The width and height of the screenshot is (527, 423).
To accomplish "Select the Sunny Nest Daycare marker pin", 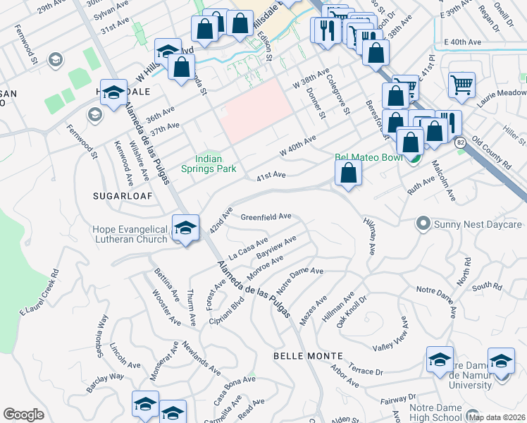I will point(423,224).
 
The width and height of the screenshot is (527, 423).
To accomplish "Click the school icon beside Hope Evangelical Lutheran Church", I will point(185,228).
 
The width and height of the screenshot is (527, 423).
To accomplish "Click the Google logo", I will point(23,415).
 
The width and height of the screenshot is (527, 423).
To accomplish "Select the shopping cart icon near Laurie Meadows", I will point(461,85).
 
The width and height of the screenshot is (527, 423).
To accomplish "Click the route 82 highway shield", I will point(461,142).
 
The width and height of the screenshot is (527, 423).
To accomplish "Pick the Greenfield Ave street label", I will point(266,216).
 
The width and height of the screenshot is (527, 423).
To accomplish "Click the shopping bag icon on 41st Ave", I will point(348,172).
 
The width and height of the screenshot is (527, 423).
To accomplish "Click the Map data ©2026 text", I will point(496,417).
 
